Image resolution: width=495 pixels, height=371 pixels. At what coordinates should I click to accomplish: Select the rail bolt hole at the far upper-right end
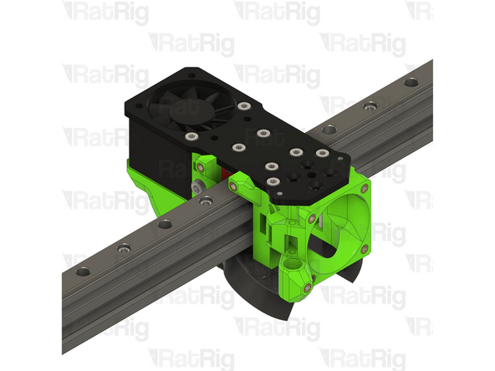point(411,83)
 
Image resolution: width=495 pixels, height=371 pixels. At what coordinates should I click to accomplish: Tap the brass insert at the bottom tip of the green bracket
point(306,289)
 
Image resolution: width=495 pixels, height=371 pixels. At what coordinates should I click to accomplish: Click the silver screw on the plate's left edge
point(191,135)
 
